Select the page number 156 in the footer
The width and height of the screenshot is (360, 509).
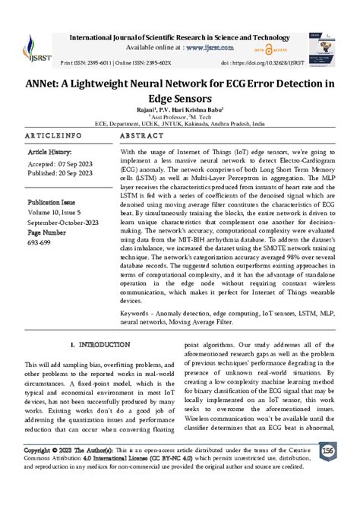(x=328, y=473)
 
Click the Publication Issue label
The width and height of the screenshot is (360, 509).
(x=57, y=204)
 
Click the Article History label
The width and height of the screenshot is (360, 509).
(x=52, y=152)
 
